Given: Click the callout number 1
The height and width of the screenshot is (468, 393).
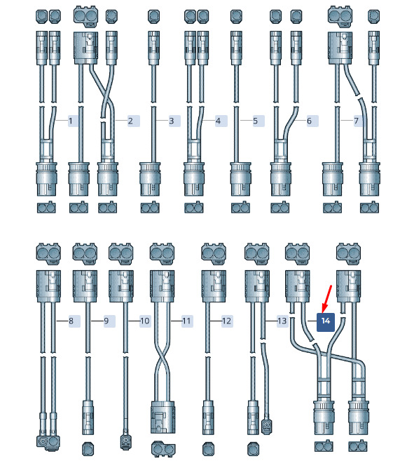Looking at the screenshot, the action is click(71, 121).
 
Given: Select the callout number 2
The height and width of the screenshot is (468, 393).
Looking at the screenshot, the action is click(130, 121).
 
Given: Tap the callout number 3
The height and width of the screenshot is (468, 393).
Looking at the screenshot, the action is click(172, 121).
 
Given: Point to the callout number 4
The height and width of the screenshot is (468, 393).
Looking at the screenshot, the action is click(218, 121).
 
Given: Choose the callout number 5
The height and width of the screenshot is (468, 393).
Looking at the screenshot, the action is click(256, 121).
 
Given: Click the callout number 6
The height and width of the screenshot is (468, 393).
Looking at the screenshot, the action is click(309, 121).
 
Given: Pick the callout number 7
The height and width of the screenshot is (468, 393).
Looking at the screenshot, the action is click(356, 121).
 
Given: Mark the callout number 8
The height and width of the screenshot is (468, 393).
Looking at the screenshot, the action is click(71, 321).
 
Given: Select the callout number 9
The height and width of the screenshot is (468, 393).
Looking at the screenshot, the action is click(106, 321).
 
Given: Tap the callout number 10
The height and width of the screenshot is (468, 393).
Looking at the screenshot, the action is click(144, 321).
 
